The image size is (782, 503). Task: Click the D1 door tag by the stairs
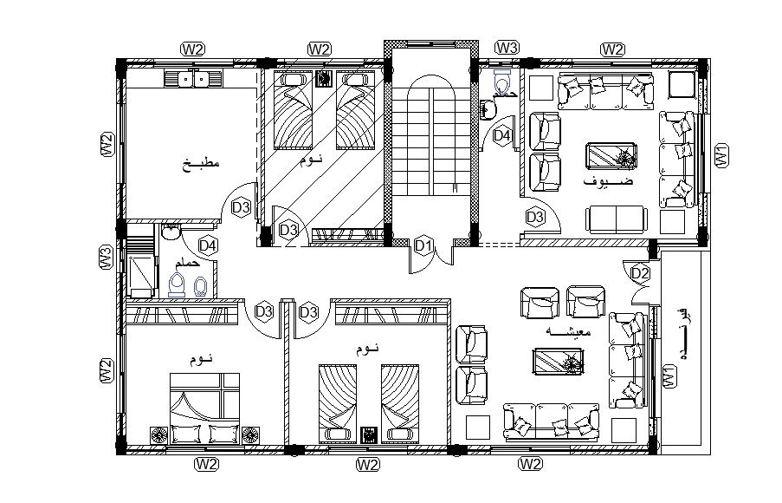[x=423, y=246]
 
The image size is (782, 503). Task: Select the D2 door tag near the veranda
[x=640, y=273]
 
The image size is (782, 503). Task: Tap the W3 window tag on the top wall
[x=507, y=47]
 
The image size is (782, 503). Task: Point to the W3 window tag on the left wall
[x=106, y=258]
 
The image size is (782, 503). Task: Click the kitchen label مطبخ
[x=202, y=163]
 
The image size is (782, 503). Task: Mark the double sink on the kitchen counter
[x=194, y=80]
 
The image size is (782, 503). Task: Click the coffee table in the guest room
[x=613, y=156]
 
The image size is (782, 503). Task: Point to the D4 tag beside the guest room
[x=502, y=135]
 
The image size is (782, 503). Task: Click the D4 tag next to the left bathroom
[x=208, y=246]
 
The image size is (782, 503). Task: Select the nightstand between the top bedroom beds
[x=324, y=79]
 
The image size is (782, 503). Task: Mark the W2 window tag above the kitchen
[x=192, y=48]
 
